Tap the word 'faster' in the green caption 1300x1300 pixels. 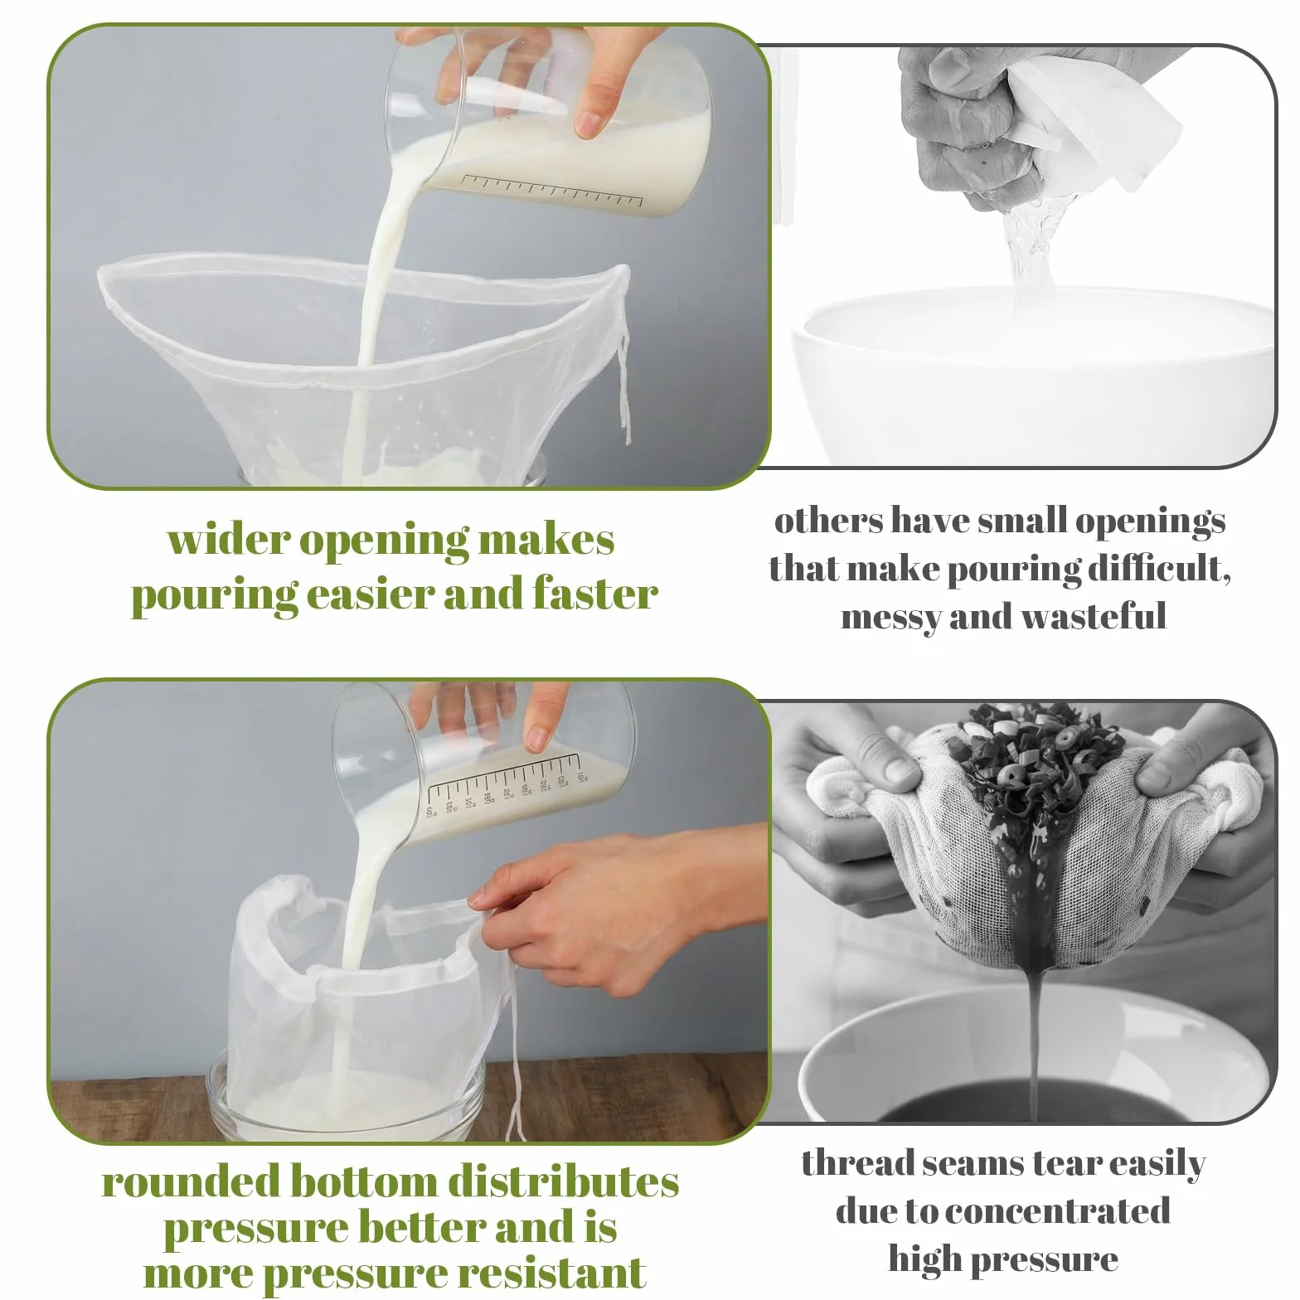click(595, 594)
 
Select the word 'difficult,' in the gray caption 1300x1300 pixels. click(1159, 569)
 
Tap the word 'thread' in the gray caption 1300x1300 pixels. click(856, 1163)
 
